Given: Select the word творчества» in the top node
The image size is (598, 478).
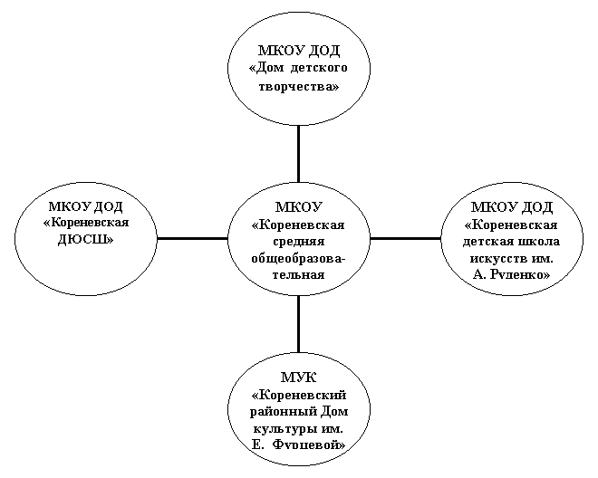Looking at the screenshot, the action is (x=299, y=86).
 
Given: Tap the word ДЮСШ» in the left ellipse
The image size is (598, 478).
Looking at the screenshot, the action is (x=86, y=240).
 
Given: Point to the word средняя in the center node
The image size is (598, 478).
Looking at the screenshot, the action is (x=299, y=242).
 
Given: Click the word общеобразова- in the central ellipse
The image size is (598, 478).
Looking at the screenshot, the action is (x=299, y=259).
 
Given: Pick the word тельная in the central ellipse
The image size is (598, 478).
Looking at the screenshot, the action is (x=299, y=275).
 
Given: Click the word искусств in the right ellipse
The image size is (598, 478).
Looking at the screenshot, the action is (x=496, y=259).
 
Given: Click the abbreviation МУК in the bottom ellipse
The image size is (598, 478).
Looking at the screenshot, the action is (x=299, y=378).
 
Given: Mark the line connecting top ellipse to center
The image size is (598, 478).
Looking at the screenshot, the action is (x=298, y=154).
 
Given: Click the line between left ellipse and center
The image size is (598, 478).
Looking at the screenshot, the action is (x=192, y=239).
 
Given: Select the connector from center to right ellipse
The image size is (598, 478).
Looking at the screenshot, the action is (x=405, y=239).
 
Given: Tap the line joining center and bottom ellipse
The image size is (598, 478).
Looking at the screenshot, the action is (x=298, y=323).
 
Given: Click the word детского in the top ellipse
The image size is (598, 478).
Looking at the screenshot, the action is (x=319, y=68).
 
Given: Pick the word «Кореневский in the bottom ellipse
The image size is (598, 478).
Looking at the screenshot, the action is (x=299, y=395).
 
